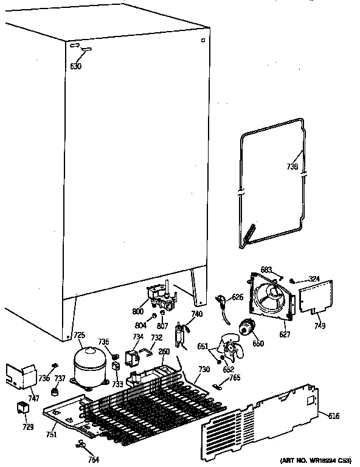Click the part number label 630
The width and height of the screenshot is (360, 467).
76,66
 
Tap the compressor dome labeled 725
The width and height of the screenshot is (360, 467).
88,365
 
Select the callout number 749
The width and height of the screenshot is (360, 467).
320,326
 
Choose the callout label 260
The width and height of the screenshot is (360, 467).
164,351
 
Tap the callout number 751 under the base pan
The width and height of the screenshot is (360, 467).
51,434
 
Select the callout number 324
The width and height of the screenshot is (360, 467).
314,279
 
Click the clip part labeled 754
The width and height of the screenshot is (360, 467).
81,446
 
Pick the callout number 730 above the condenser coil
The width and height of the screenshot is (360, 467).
204,370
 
